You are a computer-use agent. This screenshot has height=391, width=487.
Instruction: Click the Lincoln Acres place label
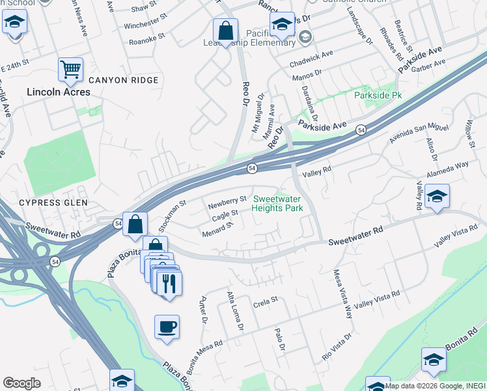pos(59,92)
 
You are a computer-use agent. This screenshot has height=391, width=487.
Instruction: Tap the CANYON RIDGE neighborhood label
pos(124,80)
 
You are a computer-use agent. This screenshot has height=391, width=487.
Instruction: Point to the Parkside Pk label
pos(378,95)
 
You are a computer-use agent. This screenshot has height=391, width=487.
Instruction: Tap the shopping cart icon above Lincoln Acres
pos(70,68)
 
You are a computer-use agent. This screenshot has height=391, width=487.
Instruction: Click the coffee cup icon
pos(167,326)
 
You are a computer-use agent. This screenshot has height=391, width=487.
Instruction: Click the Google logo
pos(21,383)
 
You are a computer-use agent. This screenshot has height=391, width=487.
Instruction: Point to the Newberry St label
pos(227,203)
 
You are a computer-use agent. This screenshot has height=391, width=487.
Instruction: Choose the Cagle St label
pos(225,214)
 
